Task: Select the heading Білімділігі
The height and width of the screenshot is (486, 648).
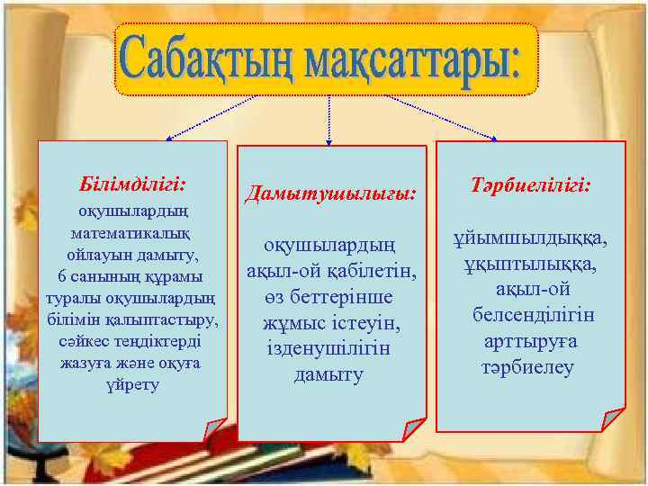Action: tap(133, 184)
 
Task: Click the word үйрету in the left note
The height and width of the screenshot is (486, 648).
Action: tap(133, 384)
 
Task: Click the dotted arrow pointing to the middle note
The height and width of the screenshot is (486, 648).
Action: tap(329, 117)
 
